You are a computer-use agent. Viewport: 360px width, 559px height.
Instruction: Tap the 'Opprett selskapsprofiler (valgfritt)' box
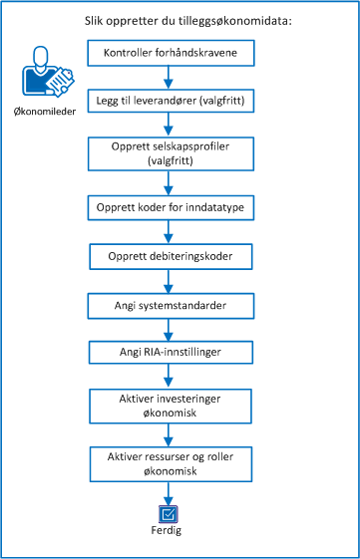click(x=169, y=151)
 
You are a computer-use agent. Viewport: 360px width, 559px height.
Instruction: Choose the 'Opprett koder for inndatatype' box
click(x=169, y=206)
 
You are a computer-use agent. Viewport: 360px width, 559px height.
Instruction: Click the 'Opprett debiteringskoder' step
click(x=169, y=255)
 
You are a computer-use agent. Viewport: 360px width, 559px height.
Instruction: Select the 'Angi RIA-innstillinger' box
click(x=169, y=353)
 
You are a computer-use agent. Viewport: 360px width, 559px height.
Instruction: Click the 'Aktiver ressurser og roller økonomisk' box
click(x=169, y=461)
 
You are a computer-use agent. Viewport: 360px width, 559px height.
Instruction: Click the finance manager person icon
click(x=46, y=76)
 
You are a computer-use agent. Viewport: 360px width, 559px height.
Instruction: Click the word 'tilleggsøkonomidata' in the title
click(x=226, y=18)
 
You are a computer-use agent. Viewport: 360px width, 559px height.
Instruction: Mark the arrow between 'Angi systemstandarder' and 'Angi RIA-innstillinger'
click(x=169, y=329)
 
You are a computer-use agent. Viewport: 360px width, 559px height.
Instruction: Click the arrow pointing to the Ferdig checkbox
click(x=169, y=493)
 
